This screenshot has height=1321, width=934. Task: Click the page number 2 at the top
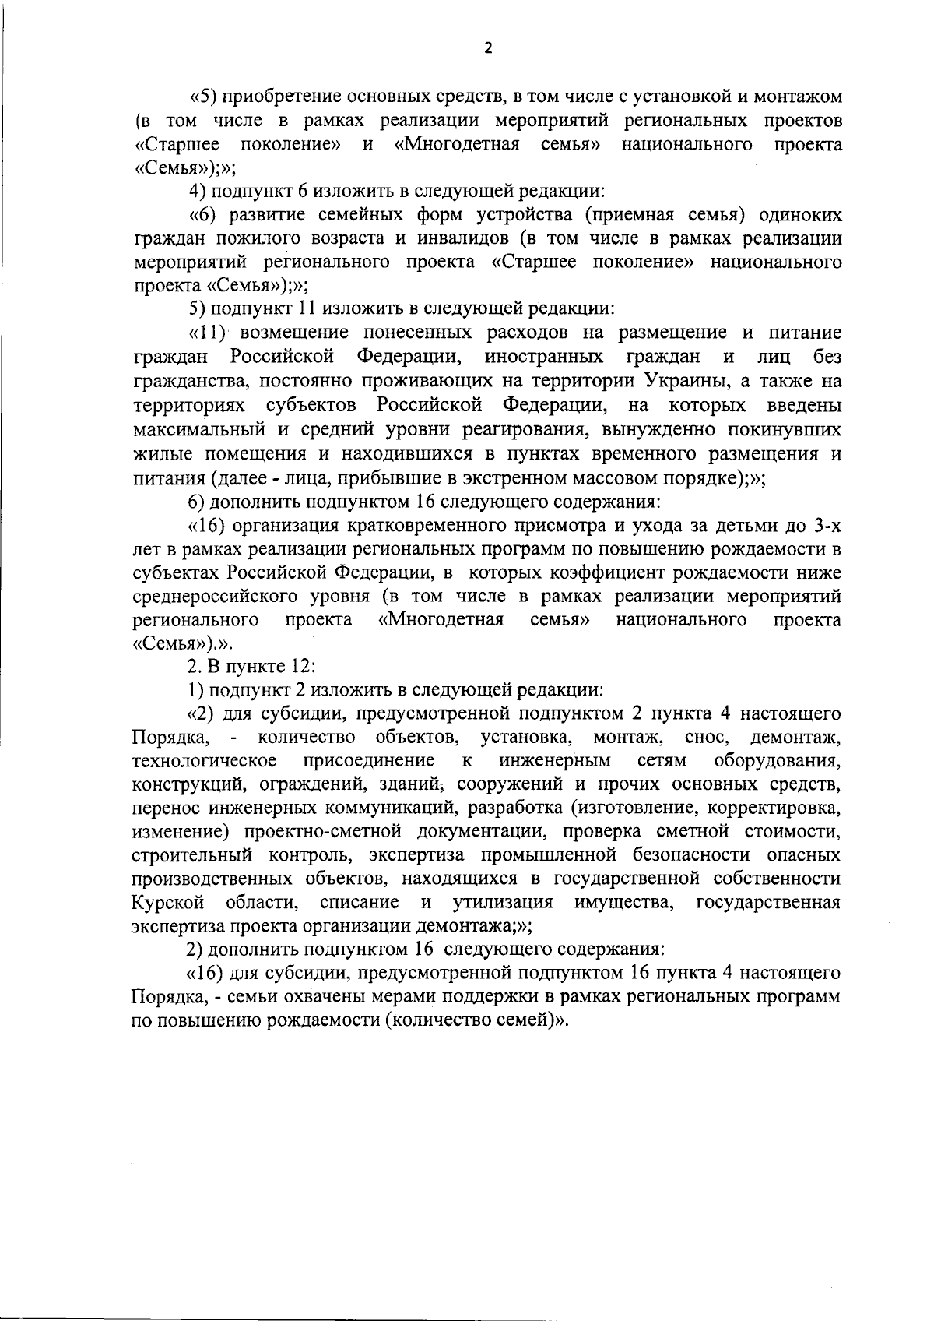[x=488, y=48]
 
